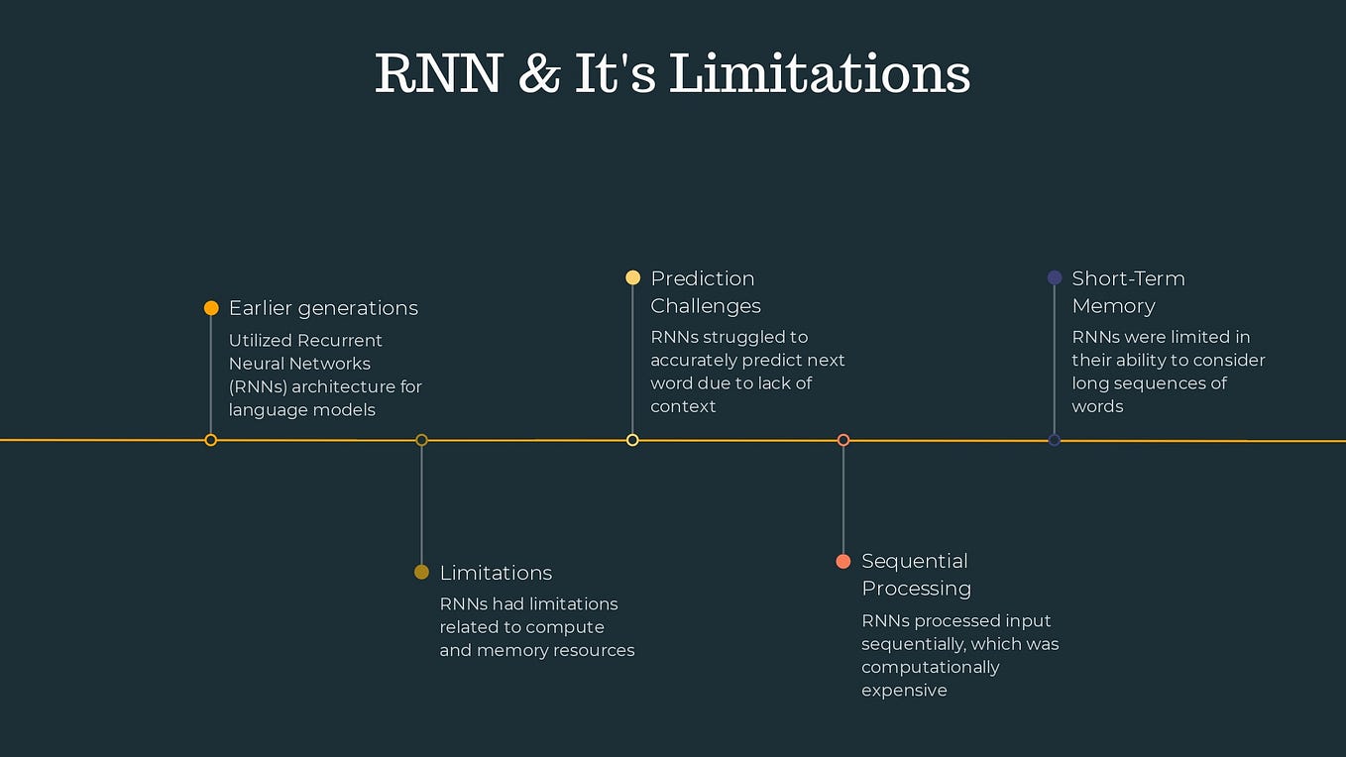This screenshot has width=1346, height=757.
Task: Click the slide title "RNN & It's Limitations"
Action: tap(672, 73)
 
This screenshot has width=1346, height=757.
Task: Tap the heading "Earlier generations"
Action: tap(323, 308)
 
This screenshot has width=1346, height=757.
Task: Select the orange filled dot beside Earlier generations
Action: tap(211, 308)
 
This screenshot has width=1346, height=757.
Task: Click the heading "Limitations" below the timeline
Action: tap(496, 573)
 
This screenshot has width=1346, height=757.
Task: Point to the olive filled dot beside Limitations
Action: tap(421, 573)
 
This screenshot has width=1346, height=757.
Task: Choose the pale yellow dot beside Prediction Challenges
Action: tap(632, 278)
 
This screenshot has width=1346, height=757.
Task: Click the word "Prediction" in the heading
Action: tap(702, 278)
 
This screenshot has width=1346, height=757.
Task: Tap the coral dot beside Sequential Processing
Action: tap(843, 562)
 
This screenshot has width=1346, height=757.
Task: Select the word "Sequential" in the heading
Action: tap(914, 561)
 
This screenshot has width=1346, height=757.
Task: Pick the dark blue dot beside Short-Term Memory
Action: tap(1055, 278)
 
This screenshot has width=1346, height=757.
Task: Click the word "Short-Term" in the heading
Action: tap(1128, 278)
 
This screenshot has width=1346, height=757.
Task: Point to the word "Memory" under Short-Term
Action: tap(1113, 306)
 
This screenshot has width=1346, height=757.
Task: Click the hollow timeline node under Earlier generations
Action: tap(211, 440)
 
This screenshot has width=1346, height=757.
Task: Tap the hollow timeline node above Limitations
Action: tap(421, 440)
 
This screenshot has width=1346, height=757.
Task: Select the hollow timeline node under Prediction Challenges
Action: tap(632, 440)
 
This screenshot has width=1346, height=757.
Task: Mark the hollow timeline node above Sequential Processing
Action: tap(843, 440)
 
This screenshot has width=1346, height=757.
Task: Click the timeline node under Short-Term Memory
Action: tap(1055, 440)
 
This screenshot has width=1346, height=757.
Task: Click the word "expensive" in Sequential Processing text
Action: tap(904, 691)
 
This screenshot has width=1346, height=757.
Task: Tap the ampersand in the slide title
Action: tap(538, 74)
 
